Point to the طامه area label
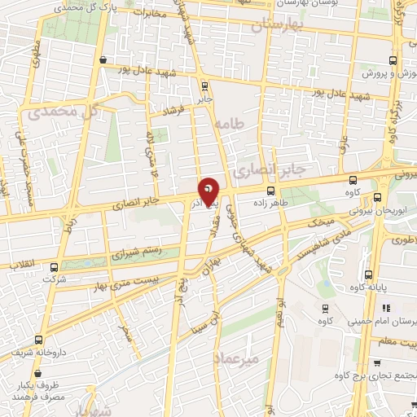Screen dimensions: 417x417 [231, 125]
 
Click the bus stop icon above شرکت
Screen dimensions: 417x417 [55, 266]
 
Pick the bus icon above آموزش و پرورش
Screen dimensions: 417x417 [394, 60]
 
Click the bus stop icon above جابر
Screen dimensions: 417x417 [203, 86]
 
